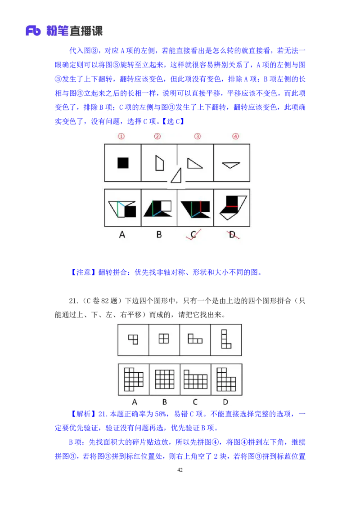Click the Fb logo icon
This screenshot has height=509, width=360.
33,31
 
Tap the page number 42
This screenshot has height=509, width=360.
180,470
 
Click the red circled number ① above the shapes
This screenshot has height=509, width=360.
121,136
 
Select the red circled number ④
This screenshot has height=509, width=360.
235,136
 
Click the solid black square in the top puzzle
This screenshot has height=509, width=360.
123,163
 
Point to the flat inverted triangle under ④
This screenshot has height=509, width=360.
231,165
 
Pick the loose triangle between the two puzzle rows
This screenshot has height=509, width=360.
177,176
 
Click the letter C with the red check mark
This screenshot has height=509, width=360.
193,234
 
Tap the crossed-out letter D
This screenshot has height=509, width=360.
232,234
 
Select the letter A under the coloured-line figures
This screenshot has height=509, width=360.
122,234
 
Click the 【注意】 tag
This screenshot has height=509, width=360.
83,272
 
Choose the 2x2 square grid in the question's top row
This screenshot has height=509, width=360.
164,339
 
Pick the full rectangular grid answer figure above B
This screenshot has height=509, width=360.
165,379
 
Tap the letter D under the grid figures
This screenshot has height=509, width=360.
225,402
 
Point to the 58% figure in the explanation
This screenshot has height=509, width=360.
161,414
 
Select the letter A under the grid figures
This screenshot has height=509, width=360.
135,402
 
